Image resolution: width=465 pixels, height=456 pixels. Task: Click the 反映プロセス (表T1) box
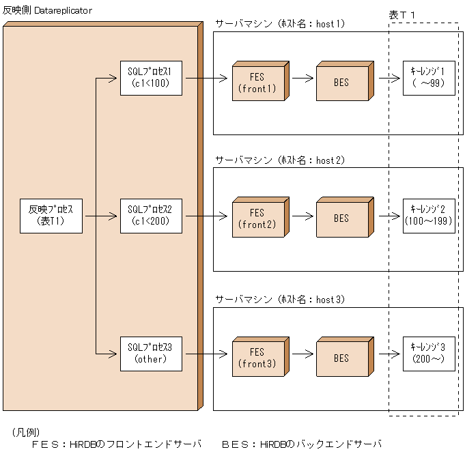point(51,215)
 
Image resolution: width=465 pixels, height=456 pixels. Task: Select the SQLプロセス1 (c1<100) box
point(151,78)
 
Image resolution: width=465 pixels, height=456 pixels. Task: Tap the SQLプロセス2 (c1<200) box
point(151,215)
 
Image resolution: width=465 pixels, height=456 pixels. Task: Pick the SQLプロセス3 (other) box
point(151,353)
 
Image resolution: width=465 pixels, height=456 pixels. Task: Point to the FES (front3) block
point(257,358)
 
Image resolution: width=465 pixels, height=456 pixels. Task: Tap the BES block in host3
point(341,358)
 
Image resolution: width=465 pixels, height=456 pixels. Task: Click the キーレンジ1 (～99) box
point(428,78)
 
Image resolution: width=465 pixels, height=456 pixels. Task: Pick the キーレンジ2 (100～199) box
point(428,215)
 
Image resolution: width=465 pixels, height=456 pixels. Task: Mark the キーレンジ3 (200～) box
point(428,353)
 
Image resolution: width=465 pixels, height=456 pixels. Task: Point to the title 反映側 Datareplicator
point(47,11)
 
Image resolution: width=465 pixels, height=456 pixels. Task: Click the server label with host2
point(280,161)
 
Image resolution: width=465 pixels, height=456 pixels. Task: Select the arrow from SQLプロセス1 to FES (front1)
point(206,78)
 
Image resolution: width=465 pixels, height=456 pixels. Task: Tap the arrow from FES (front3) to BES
point(299,353)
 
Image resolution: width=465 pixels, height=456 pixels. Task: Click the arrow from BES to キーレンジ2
point(387,215)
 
